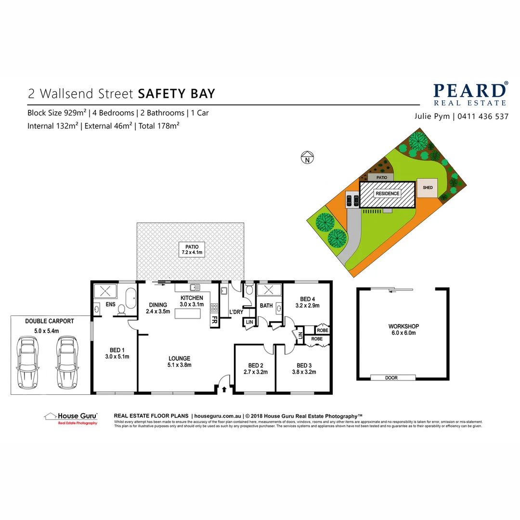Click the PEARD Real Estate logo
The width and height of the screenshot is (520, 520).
click(x=469, y=93)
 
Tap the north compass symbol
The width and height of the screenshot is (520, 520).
click(x=306, y=157)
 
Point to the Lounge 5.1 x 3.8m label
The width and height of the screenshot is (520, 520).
click(x=179, y=362)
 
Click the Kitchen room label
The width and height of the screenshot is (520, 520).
click(x=192, y=301)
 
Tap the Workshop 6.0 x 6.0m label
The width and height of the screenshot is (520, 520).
click(x=403, y=330)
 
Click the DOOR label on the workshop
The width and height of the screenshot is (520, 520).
click(x=391, y=378)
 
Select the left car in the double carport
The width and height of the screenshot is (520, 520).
click(x=27, y=362)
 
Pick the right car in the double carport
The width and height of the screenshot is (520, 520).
click(x=66, y=362)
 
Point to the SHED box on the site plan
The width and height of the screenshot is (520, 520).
click(x=428, y=188)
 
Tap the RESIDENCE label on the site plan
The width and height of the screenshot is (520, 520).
click(x=388, y=194)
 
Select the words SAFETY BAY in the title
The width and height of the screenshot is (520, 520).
click(x=176, y=93)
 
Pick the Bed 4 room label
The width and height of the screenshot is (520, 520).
click(x=307, y=302)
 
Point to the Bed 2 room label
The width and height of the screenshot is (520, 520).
click(x=255, y=368)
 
